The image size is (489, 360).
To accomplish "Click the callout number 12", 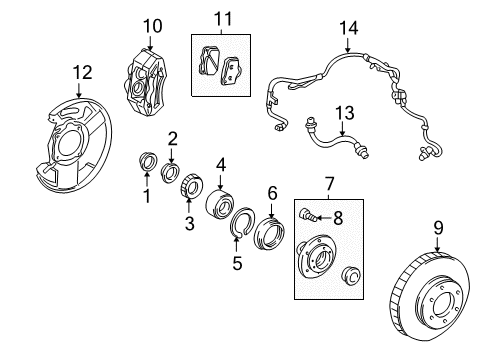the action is pyautogui.click(x=83, y=72).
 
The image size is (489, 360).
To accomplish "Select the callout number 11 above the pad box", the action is pyautogui.click(x=223, y=19).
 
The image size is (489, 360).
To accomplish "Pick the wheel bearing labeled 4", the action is pyautogui.click(x=220, y=204).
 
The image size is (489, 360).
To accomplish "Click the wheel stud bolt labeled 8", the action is pyautogui.click(x=307, y=214).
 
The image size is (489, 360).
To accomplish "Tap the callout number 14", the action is pyautogui.click(x=349, y=28).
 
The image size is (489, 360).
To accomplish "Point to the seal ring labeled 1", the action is pyautogui.click(x=148, y=161).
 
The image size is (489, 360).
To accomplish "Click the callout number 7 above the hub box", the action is pyautogui.click(x=329, y=183).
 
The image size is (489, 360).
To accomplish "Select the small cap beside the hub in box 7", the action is pyautogui.click(x=351, y=275).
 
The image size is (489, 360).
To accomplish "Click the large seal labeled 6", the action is pyautogui.click(x=269, y=233).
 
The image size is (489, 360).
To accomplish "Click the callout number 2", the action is pyautogui.click(x=172, y=139).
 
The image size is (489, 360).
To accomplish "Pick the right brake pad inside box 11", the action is pyautogui.click(x=231, y=71).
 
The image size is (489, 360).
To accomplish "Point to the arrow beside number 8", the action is pyautogui.click(x=323, y=218).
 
